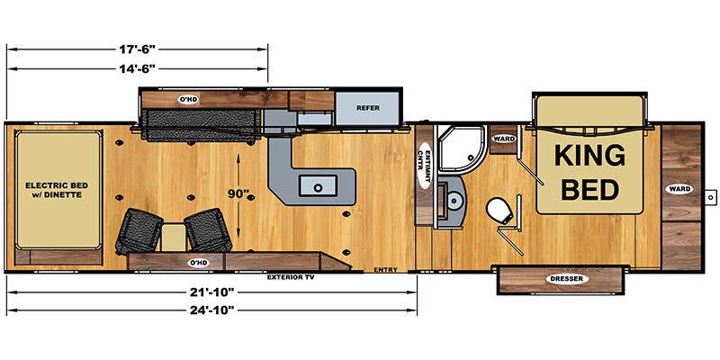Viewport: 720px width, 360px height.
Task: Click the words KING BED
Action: click(x=589, y=171)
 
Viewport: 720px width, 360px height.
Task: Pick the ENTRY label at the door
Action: click(x=385, y=269)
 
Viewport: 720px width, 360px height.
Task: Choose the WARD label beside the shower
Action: click(x=503, y=139)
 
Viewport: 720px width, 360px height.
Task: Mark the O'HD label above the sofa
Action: click(x=187, y=99)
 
